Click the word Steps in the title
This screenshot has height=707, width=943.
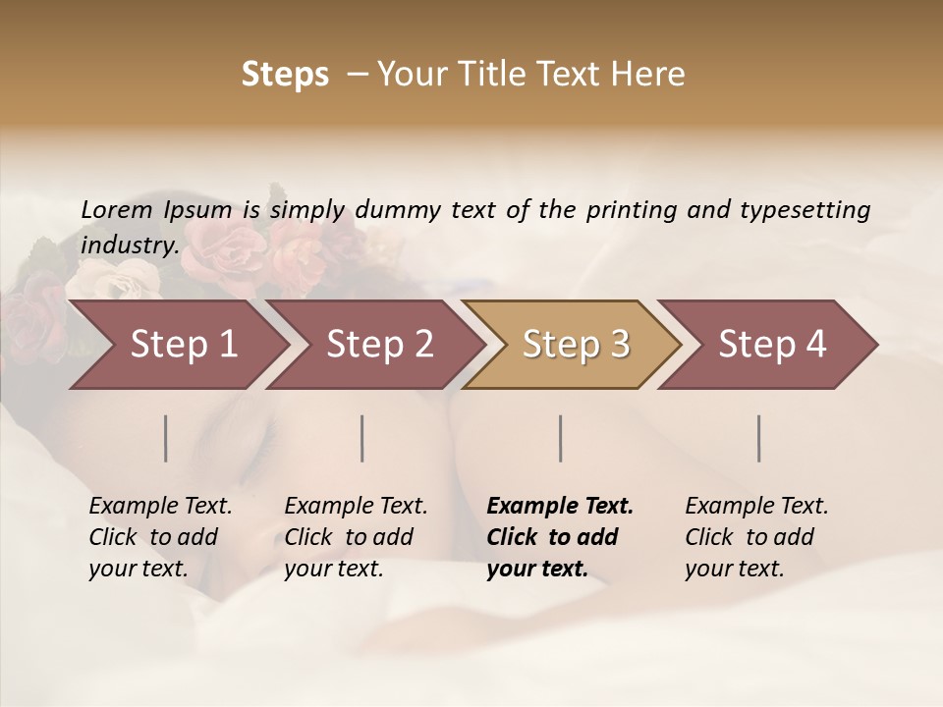pyautogui.click(x=285, y=75)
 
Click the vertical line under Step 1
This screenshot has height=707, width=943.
pyautogui.click(x=166, y=438)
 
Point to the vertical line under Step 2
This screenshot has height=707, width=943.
pyautogui.click(x=362, y=438)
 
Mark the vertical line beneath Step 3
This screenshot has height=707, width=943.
pyautogui.click(x=561, y=438)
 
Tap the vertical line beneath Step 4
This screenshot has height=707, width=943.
pyautogui.click(x=759, y=438)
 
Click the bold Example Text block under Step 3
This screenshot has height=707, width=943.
pyautogui.click(x=560, y=537)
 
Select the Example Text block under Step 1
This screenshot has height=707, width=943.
pyautogui.click(x=160, y=537)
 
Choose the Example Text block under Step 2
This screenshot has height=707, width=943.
pyautogui.click(x=356, y=537)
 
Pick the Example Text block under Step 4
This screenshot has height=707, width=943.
pyautogui.click(x=756, y=537)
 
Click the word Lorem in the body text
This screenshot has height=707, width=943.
pyautogui.click(x=117, y=210)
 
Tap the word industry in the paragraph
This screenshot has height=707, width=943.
pyautogui.click(x=129, y=245)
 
